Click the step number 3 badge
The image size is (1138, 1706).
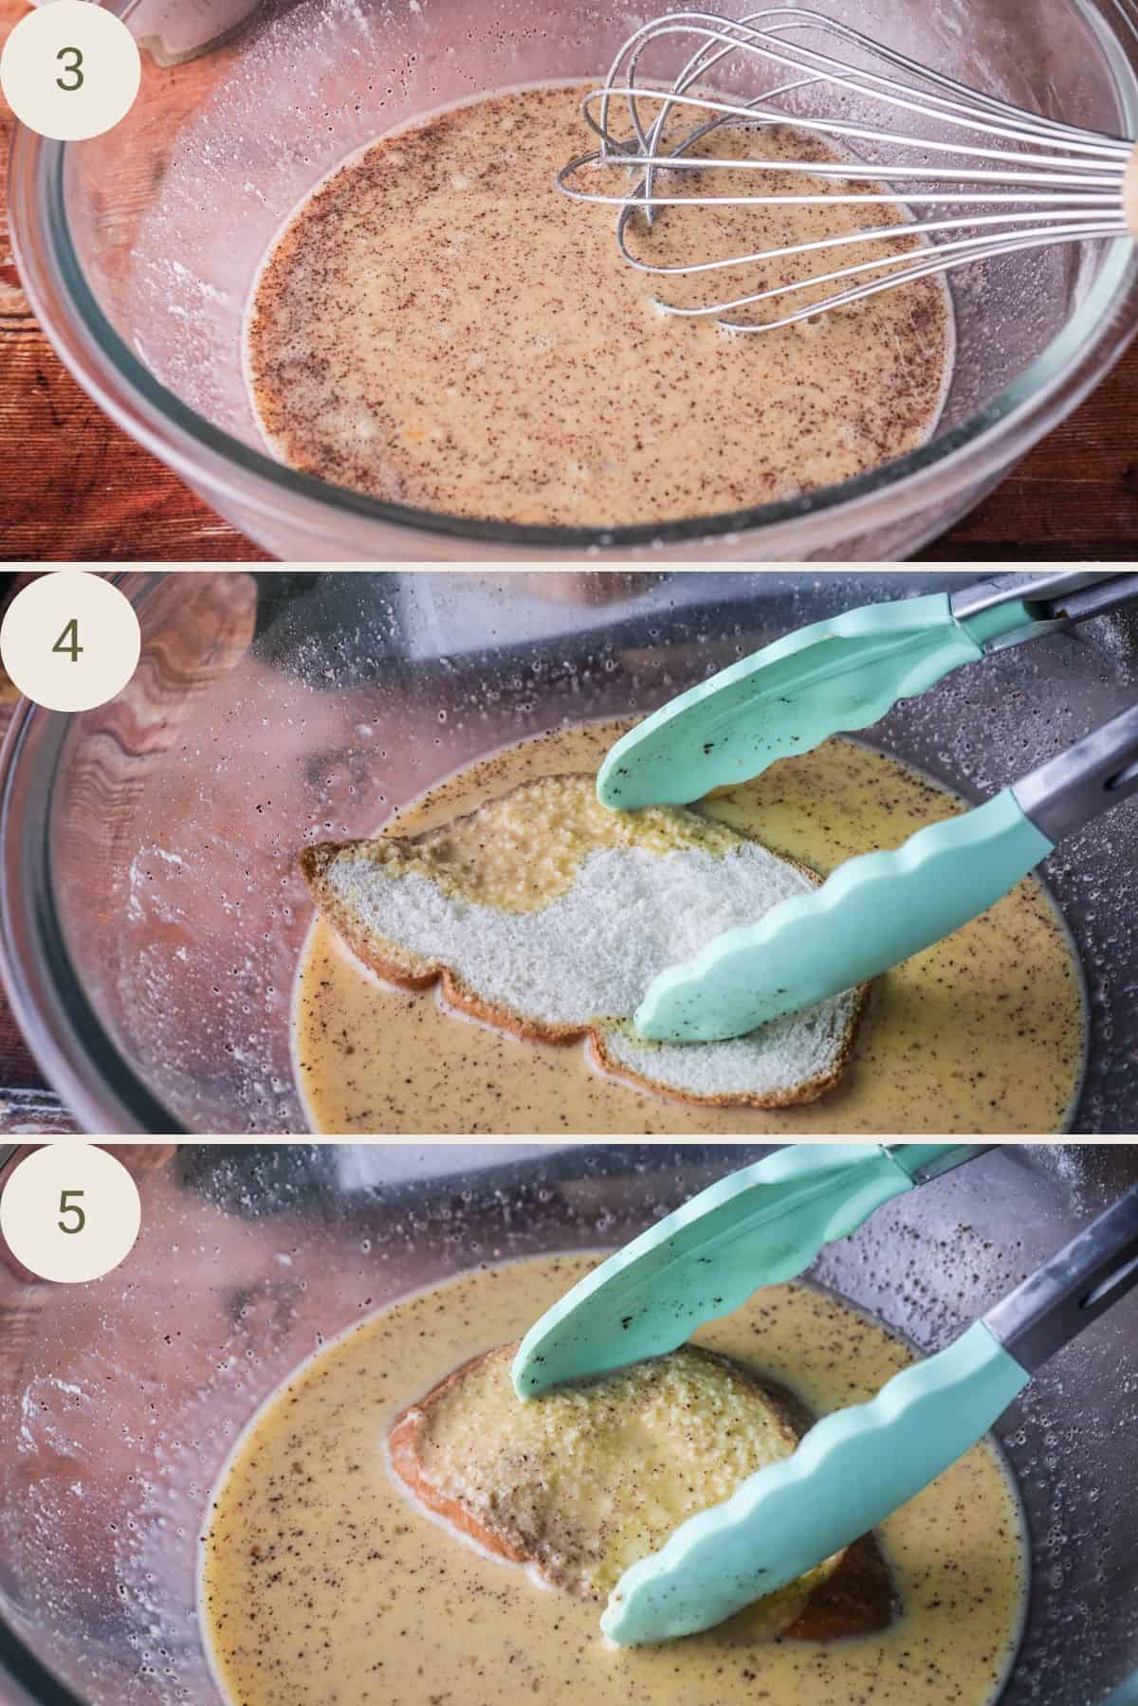point(69,71)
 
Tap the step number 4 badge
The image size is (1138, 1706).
point(69,643)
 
